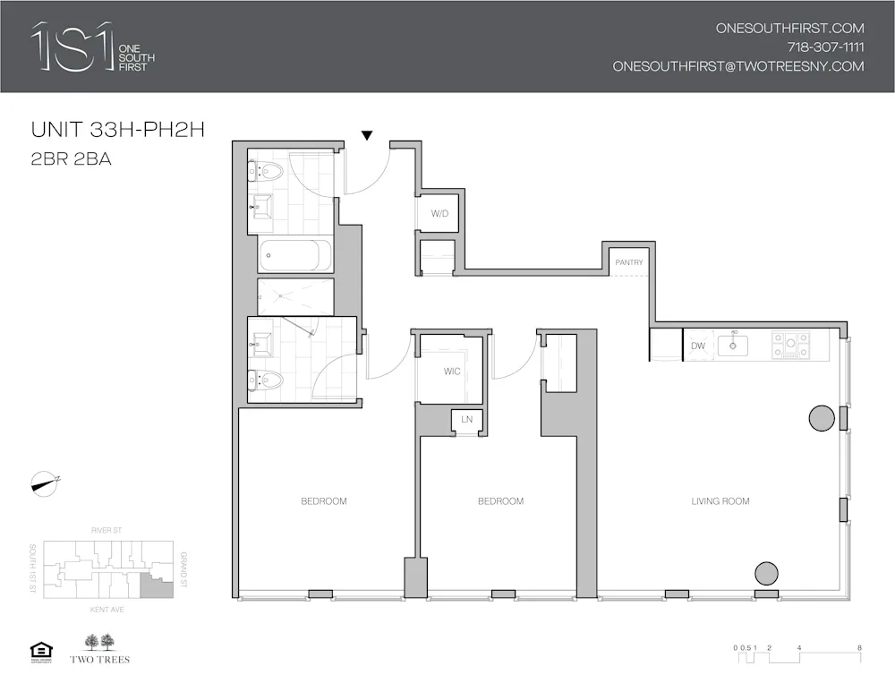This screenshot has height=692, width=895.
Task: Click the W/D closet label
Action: (x=439, y=213)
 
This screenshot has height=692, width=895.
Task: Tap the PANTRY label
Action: (x=628, y=262)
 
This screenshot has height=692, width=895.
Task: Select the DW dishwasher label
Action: (x=698, y=346)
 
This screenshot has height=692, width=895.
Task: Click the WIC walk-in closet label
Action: (x=452, y=372)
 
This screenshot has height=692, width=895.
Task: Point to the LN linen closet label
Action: (x=466, y=419)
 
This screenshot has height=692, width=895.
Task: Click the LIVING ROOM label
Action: (x=720, y=501)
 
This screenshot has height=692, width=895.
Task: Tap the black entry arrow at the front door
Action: (x=366, y=135)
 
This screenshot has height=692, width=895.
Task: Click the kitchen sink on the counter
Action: (x=734, y=345)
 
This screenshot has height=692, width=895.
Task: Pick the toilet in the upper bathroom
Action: (x=264, y=170)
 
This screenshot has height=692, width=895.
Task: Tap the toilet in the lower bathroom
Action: (x=266, y=380)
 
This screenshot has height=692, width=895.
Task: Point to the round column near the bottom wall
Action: (x=766, y=573)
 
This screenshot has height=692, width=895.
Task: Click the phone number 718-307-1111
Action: (x=825, y=47)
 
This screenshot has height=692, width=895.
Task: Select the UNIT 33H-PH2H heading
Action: (x=118, y=130)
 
